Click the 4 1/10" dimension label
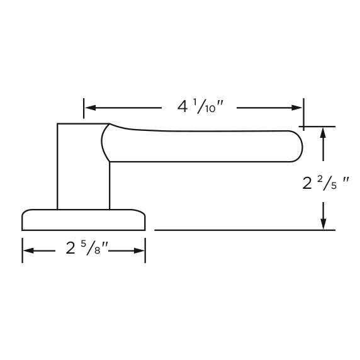[x=197, y=107]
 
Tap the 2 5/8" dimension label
[x=88, y=249]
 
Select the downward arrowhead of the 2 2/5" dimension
[x=323, y=224]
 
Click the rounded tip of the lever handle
[x=296, y=146]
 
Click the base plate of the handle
[x=83, y=220]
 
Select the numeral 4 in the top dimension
[x=183, y=107]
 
